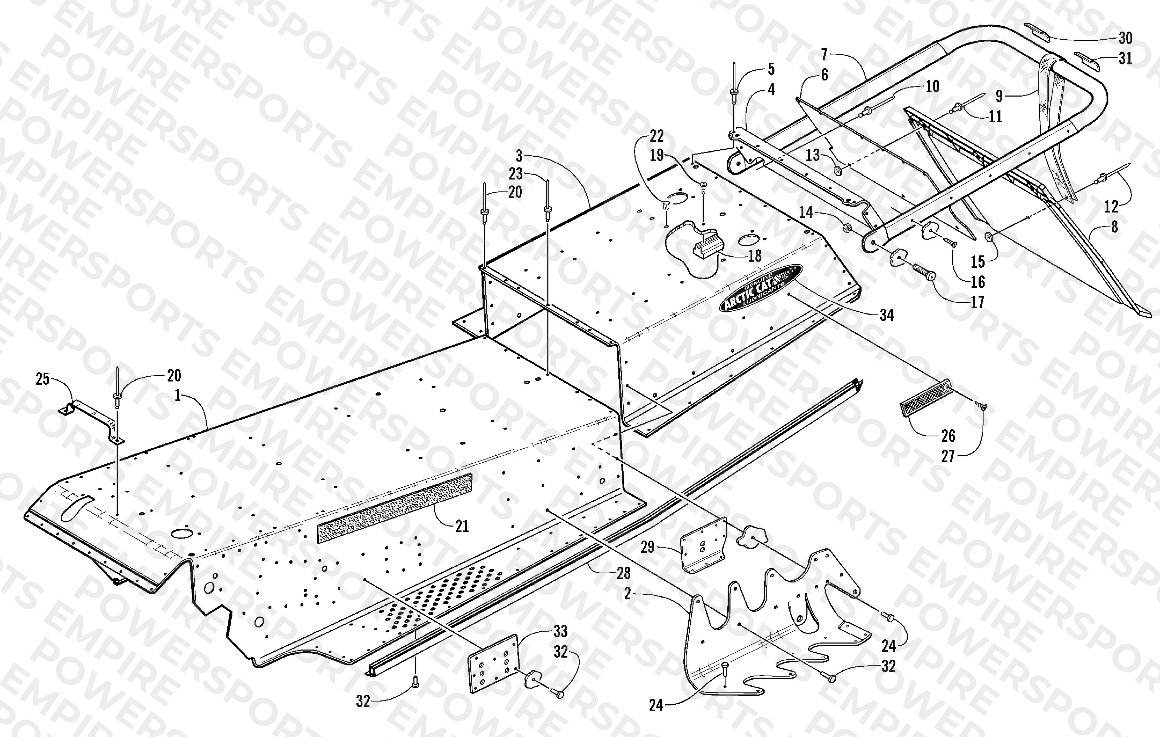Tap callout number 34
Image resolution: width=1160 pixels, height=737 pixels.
(886, 315)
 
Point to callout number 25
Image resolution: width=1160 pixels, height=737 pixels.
(43, 379)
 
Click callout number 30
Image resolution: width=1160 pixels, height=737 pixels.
(1125, 37)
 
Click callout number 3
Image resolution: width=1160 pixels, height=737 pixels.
(519, 156)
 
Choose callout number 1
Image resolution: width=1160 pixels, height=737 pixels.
(178, 396)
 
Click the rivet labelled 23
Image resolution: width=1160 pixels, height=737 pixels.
(548, 201)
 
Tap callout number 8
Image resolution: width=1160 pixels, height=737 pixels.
(1114, 226)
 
